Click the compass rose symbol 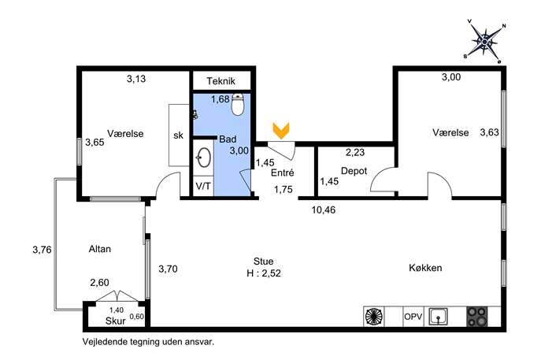tap(485, 42)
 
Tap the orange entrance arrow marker tap(281, 131)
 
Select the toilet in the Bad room tap(237, 104)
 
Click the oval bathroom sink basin tap(204, 158)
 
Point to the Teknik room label tap(220, 81)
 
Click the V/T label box tap(203, 186)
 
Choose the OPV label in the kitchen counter tap(413, 316)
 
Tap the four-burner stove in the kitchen tap(477, 317)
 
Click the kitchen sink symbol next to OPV tap(438, 316)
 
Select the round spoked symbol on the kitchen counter tap(374, 317)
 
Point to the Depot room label tap(354, 171)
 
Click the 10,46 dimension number tap(324, 210)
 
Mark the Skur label tap(116, 321)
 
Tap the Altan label tap(100, 249)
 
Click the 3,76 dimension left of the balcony tap(42, 250)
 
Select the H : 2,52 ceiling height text tap(264, 273)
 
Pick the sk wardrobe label tap(179, 135)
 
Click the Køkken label tap(425, 268)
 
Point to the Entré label tap(282, 173)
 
